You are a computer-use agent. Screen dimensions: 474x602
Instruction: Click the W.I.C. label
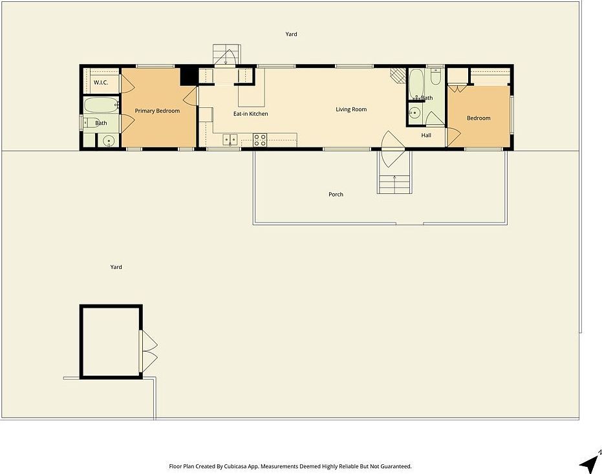point(100,83)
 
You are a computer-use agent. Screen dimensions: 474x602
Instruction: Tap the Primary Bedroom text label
point(157,111)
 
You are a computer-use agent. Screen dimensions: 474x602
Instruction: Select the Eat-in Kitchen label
point(250,114)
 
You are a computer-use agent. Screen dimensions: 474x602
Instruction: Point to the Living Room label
point(351,109)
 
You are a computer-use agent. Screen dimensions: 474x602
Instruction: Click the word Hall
point(426,135)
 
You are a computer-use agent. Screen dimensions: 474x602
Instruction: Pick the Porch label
point(336,194)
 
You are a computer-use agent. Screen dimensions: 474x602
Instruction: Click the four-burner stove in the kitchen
point(260,140)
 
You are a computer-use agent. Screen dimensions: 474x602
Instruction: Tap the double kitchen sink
point(231,140)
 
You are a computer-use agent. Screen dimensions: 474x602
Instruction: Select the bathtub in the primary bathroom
point(101,104)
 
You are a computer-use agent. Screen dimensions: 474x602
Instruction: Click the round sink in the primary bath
point(109,140)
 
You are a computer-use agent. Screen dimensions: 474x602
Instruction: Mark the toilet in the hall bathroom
point(435,78)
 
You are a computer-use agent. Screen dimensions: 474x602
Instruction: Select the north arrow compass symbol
point(590,462)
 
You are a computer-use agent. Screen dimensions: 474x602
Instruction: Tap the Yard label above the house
point(291,34)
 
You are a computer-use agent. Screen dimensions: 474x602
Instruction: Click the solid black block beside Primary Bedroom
point(189,76)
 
